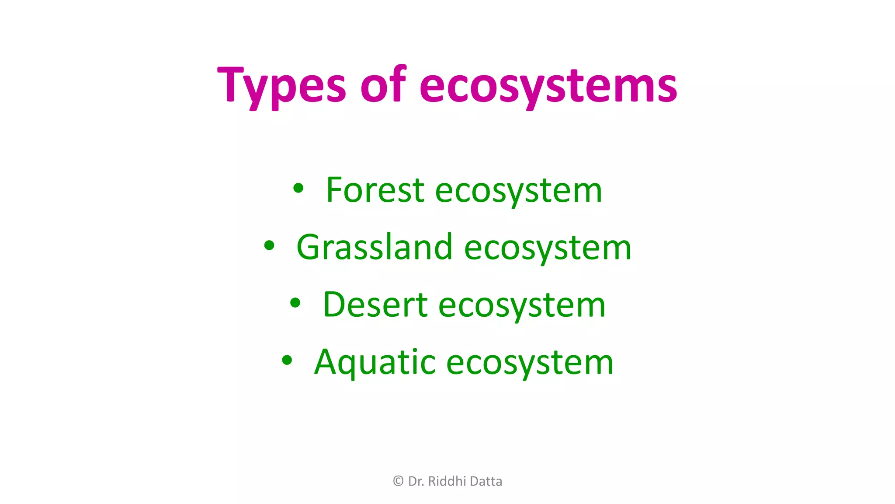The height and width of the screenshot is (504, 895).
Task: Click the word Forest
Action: (x=375, y=190)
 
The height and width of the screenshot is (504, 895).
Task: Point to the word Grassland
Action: (x=374, y=247)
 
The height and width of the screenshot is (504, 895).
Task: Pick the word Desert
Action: (x=375, y=304)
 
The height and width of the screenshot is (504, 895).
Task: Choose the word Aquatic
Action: (x=375, y=362)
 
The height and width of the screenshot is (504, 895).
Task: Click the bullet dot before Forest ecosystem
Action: (x=298, y=189)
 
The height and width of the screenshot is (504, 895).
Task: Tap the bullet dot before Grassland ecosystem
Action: (x=269, y=246)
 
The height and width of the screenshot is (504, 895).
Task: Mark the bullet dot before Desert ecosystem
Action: (x=295, y=303)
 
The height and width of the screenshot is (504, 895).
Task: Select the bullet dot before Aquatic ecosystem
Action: (x=287, y=360)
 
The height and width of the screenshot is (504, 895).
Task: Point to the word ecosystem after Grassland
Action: (x=548, y=248)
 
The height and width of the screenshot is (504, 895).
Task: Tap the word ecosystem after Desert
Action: (x=522, y=305)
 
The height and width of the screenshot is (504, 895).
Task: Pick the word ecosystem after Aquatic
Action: (x=530, y=363)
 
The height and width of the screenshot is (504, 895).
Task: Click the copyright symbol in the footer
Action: (x=398, y=481)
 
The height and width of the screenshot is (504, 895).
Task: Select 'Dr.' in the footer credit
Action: (x=416, y=481)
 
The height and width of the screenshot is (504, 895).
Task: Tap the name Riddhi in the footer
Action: (x=447, y=481)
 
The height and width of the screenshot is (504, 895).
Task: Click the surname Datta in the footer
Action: (x=486, y=481)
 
